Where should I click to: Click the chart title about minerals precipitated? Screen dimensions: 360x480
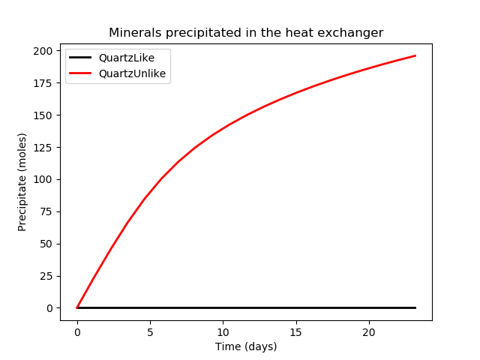pos(246,33)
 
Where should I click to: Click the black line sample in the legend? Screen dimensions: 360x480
pos(83,58)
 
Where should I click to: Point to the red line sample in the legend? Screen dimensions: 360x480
pos(83,73)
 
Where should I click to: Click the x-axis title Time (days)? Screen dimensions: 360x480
pos(246,346)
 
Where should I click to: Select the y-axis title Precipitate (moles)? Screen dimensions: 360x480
pos(22,181)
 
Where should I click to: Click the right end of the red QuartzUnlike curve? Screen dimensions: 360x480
pos(415,56)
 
